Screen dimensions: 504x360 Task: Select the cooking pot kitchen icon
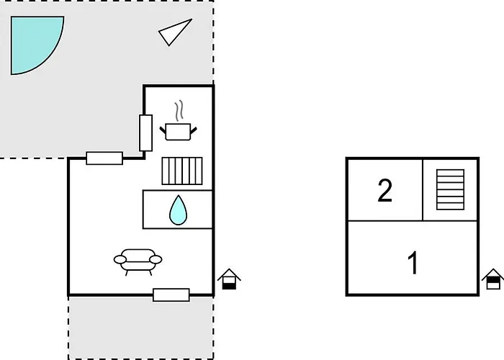pos(179,132)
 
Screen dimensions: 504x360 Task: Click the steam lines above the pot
pos(179,111)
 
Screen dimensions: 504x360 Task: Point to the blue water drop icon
pos(178,210)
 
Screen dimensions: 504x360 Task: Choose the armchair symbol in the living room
pos(138,261)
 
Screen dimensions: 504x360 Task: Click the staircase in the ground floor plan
pos(182,171)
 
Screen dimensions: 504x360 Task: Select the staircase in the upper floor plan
pos(450,189)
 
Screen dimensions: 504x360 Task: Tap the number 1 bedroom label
pos(413,263)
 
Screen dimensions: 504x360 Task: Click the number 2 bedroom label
pos(384,190)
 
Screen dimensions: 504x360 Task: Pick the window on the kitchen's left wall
pos(145,132)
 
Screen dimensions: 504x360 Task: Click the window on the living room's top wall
pos(104,158)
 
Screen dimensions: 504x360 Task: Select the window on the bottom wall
pos(171,294)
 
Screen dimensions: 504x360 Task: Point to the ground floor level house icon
pos(229,279)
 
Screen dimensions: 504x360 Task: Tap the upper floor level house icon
pos(492,279)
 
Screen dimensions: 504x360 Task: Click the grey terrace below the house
pos(141,327)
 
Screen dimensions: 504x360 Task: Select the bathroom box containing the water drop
pos(178,210)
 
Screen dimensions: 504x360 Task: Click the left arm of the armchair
pos(120,259)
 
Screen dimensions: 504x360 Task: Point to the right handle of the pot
pos(194,130)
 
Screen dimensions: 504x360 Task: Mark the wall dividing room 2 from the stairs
pos(423,189)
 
